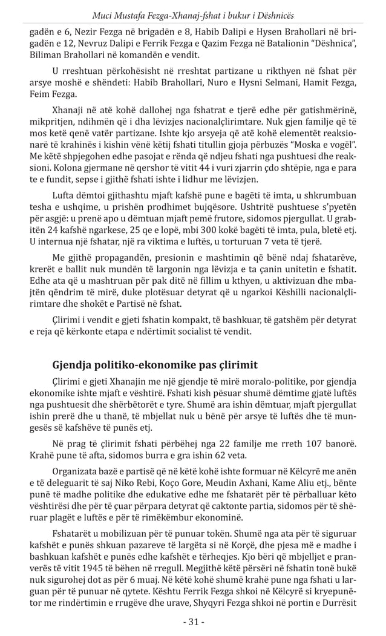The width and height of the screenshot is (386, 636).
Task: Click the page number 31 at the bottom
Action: pyautogui.click(x=194, y=621)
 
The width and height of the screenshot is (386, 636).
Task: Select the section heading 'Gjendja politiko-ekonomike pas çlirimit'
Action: pyautogui.click(x=155, y=365)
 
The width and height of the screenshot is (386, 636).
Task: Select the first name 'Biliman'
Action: pyautogui.click(x=47, y=55)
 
